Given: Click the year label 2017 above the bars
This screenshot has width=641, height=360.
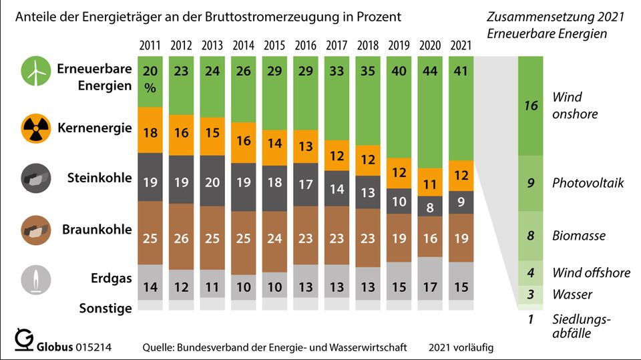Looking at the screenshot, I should click(x=336, y=46).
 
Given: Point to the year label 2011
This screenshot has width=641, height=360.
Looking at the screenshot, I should click(x=150, y=46).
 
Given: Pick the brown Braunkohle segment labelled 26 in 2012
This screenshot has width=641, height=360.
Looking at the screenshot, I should click(x=182, y=236).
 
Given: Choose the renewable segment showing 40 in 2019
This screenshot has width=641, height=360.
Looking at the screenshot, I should click(x=398, y=107).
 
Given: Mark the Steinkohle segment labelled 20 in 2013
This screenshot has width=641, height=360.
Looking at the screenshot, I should click(x=212, y=180).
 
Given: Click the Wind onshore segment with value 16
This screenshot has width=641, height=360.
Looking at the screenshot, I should click(x=531, y=106).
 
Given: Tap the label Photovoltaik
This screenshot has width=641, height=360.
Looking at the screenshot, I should click(x=588, y=183).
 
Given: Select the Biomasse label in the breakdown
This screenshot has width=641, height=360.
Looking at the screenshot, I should click(x=579, y=235).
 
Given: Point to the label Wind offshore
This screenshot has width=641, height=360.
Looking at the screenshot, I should click(x=591, y=273).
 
